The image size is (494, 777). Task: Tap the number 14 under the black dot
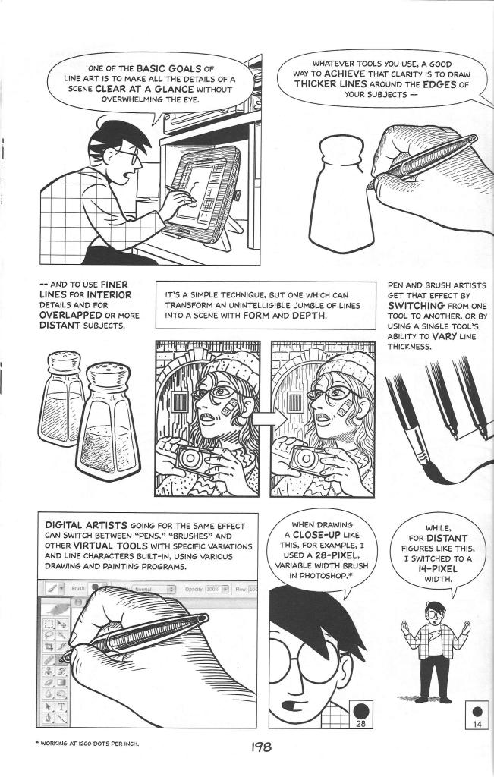pyautogui.click(x=477, y=724)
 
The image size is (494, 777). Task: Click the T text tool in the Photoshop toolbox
pyautogui.click(x=60, y=704)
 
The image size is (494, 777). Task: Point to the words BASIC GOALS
pyautogui.click(x=168, y=67)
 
